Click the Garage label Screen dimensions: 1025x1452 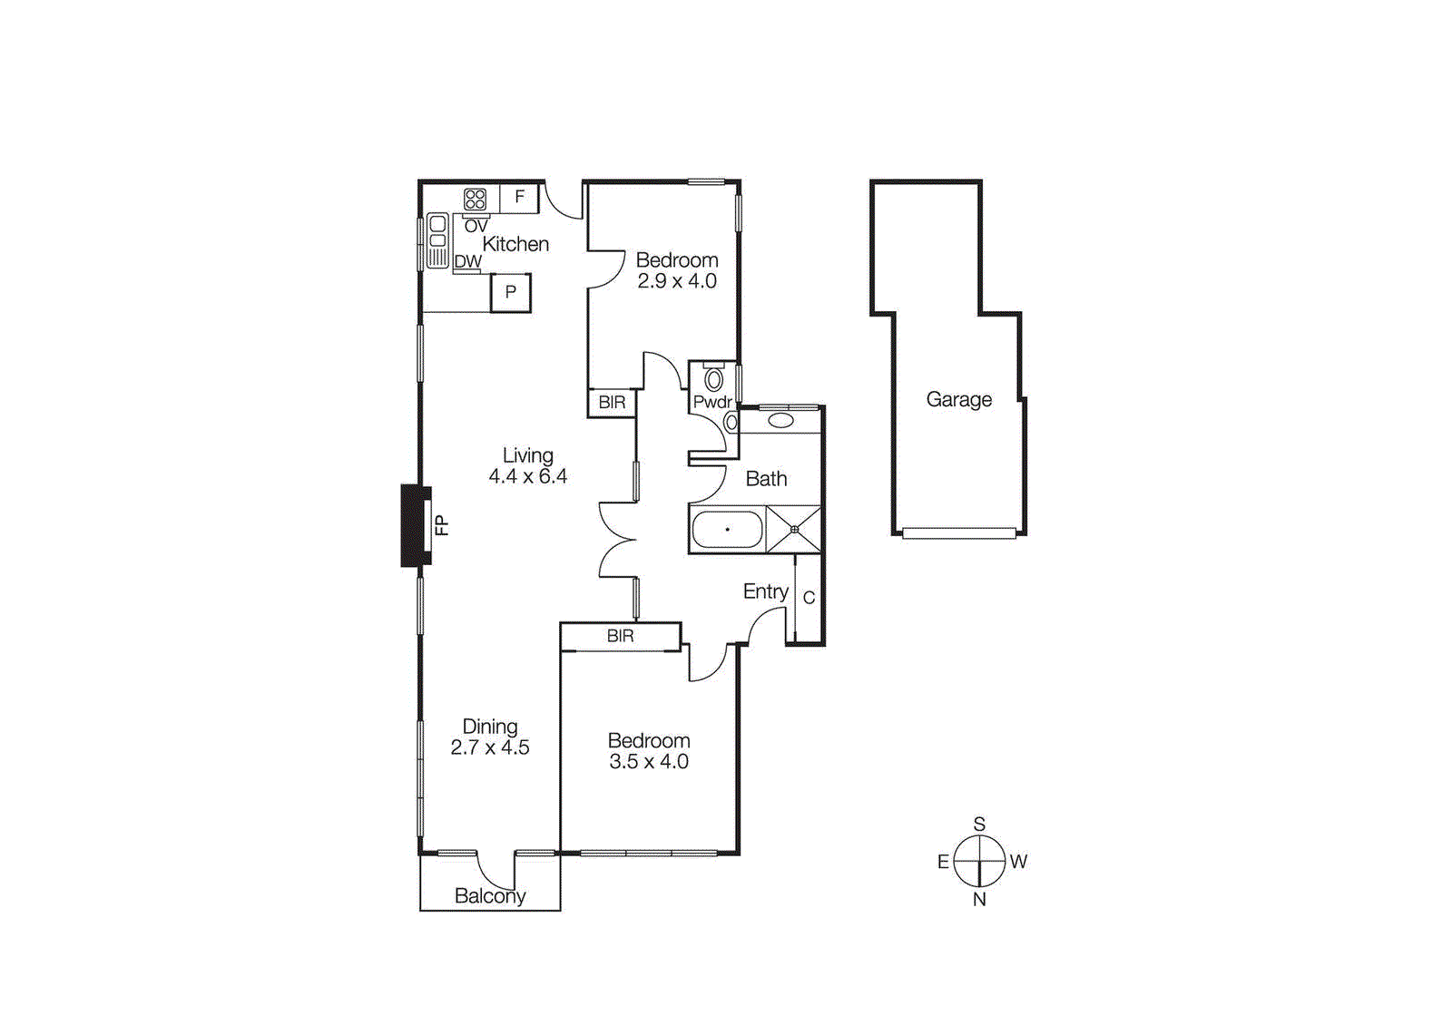(958, 399)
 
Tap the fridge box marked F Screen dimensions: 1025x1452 (519, 197)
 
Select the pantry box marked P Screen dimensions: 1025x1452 (510, 292)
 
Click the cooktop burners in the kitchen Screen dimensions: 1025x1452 (475, 199)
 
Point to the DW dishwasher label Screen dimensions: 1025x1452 (467, 261)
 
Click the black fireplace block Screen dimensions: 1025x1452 (414, 526)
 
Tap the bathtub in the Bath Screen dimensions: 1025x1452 (727, 530)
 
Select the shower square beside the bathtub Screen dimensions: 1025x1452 (794, 530)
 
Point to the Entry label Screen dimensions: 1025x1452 (765, 591)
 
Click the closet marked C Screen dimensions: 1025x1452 (809, 598)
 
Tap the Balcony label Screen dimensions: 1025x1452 (490, 896)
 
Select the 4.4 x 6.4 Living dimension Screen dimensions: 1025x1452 (527, 476)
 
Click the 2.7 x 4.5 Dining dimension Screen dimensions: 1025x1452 (490, 747)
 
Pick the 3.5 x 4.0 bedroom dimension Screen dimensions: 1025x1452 (648, 762)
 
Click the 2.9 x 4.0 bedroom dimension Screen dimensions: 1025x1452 (677, 281)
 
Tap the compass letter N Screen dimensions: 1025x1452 (979, 899)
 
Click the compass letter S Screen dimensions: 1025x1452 (979, 824)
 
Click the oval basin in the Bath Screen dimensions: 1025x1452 (780, 420)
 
